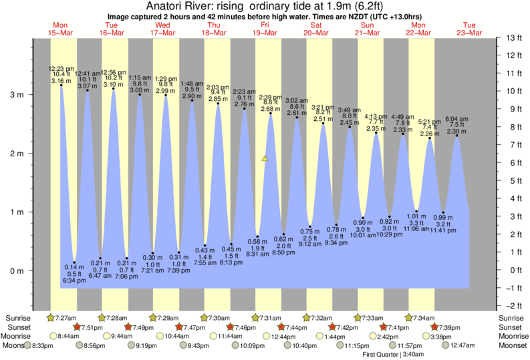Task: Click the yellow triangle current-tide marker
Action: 265,159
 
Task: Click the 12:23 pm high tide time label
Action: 61,68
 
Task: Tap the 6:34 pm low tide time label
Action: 75,281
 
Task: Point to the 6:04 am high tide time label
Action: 457,119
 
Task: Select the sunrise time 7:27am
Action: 65,317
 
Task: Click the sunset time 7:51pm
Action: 91,327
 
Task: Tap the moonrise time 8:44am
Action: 70,337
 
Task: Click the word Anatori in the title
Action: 166,5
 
